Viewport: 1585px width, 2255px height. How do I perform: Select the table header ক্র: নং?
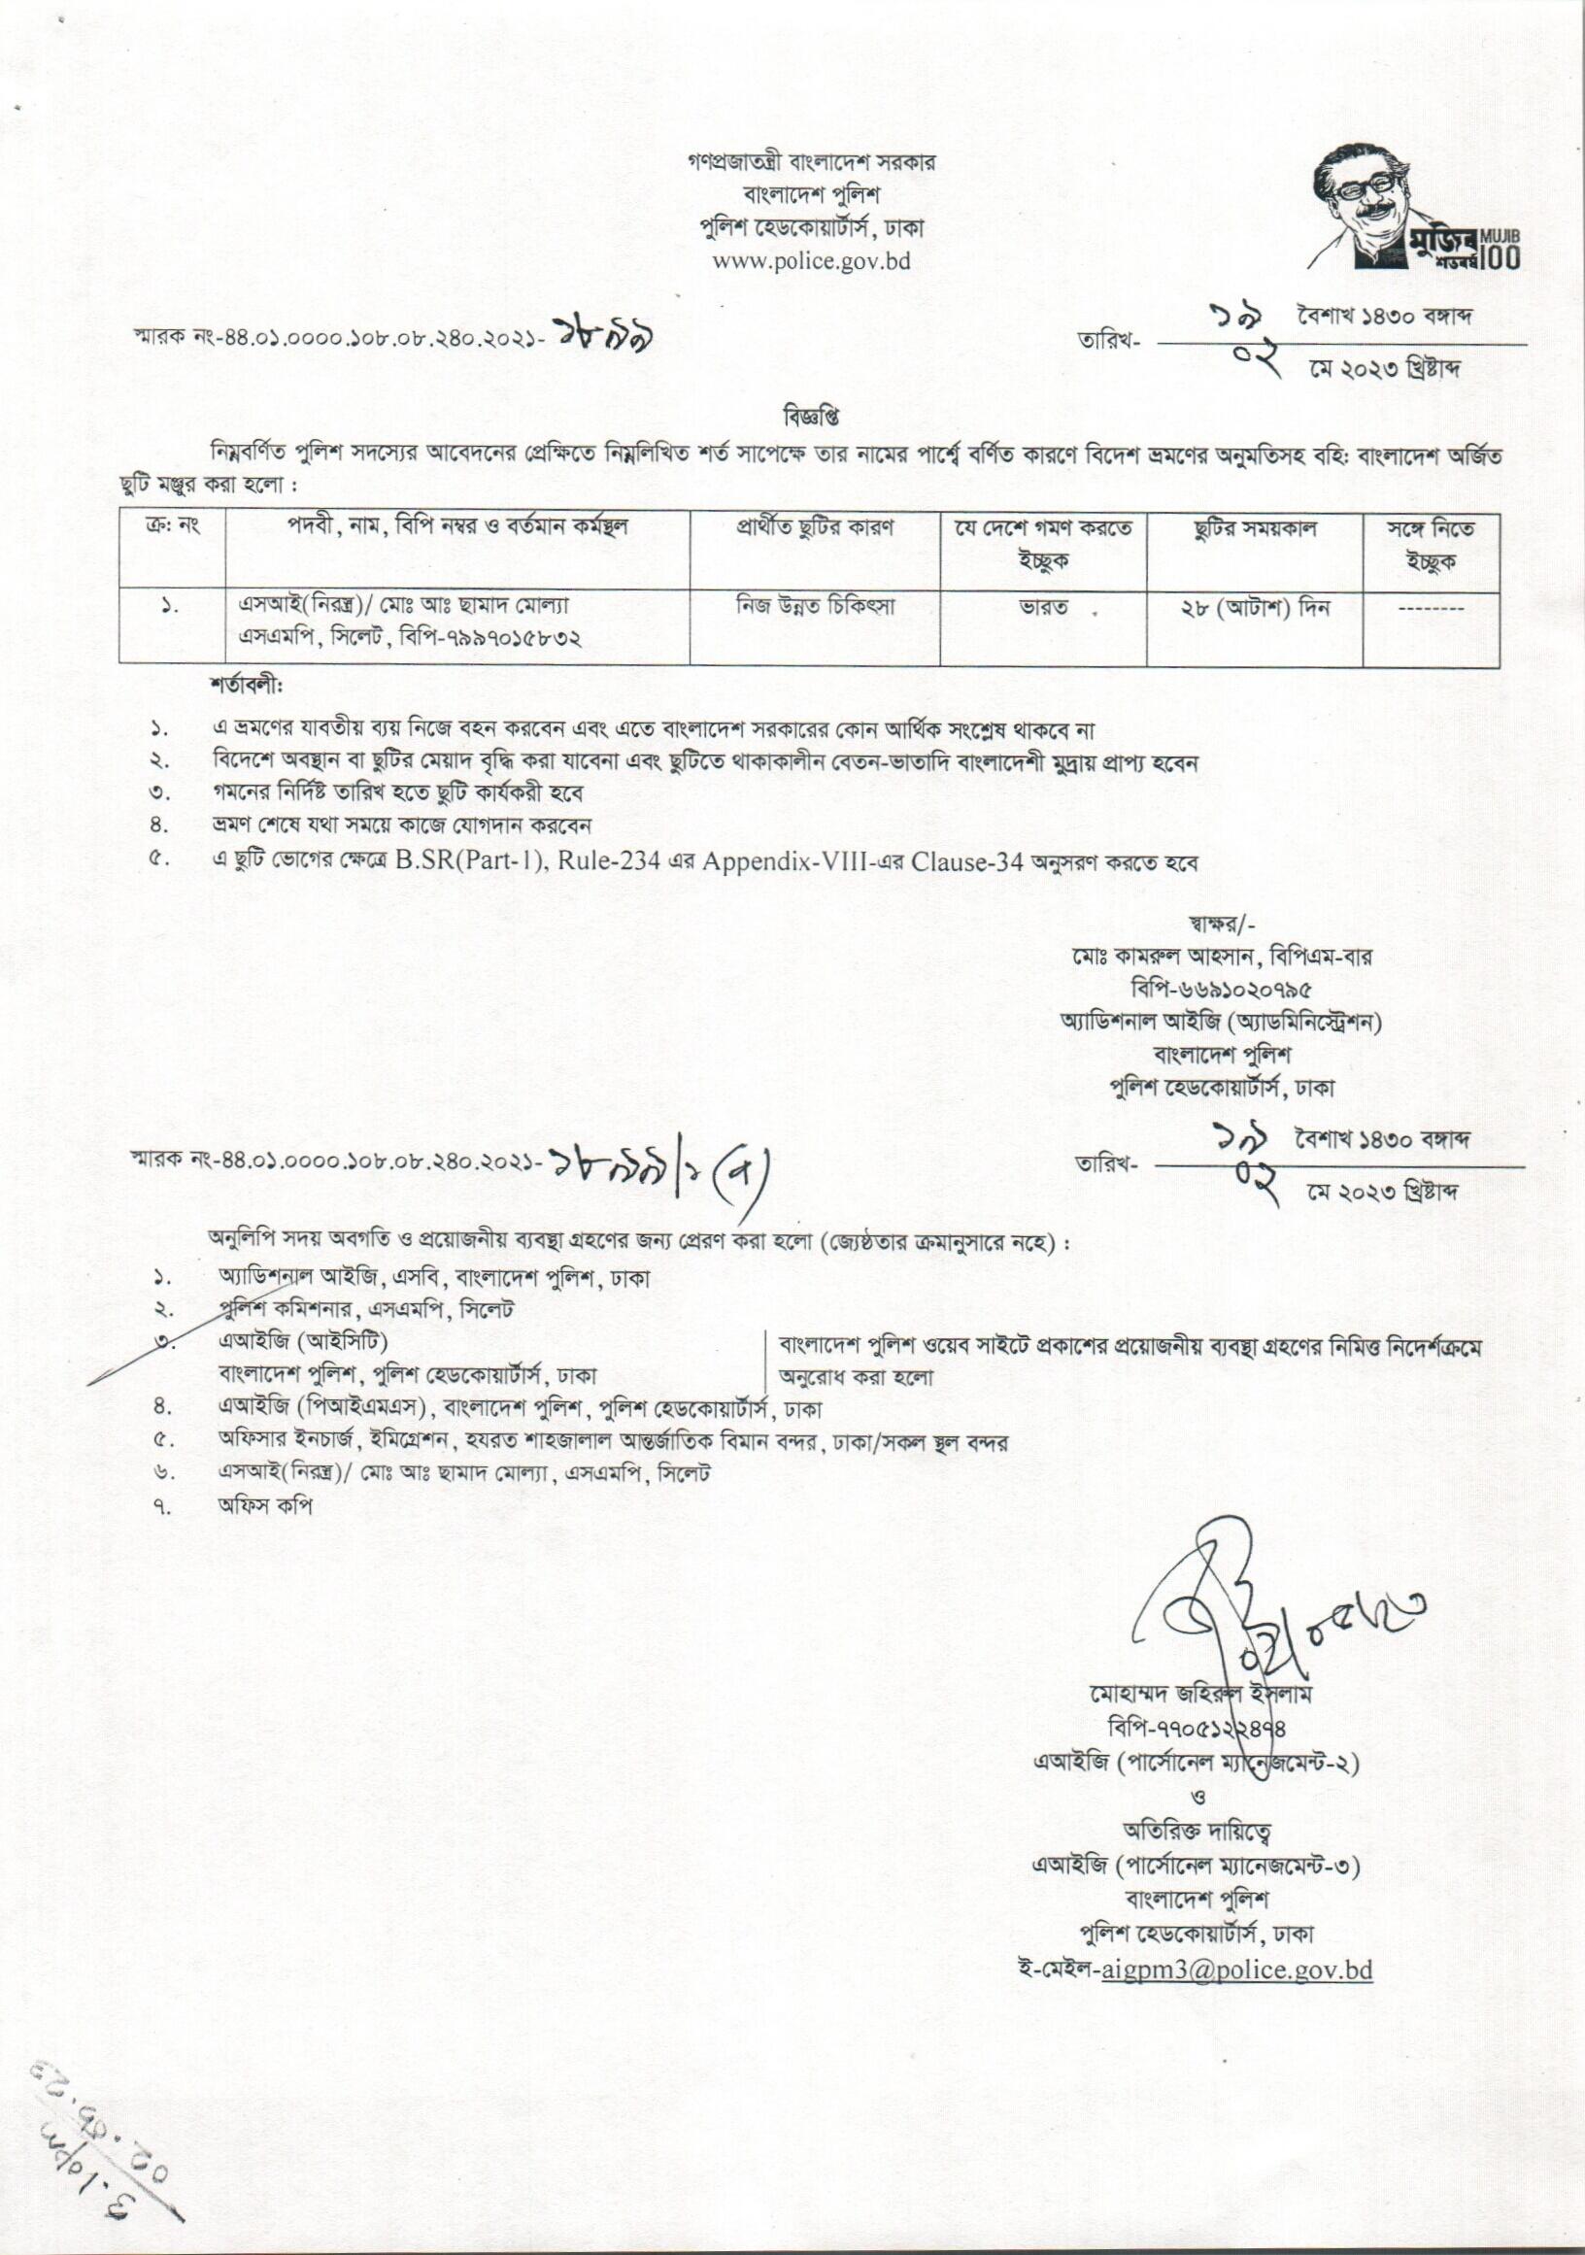[172, 527]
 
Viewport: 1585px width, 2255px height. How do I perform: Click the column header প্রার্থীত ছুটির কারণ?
[814, 527]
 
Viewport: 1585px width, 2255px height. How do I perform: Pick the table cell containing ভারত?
[1043, 609]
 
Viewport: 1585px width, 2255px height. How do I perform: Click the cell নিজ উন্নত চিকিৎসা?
[816, 607]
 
